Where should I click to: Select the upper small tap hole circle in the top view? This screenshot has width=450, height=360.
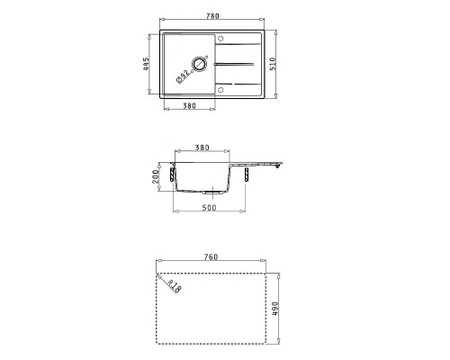click(222, 40)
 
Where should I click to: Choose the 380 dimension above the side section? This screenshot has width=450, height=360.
click(202, 148)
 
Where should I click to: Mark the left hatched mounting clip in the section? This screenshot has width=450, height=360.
click(170, 172)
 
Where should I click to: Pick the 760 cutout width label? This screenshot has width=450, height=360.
click(212, 256)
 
